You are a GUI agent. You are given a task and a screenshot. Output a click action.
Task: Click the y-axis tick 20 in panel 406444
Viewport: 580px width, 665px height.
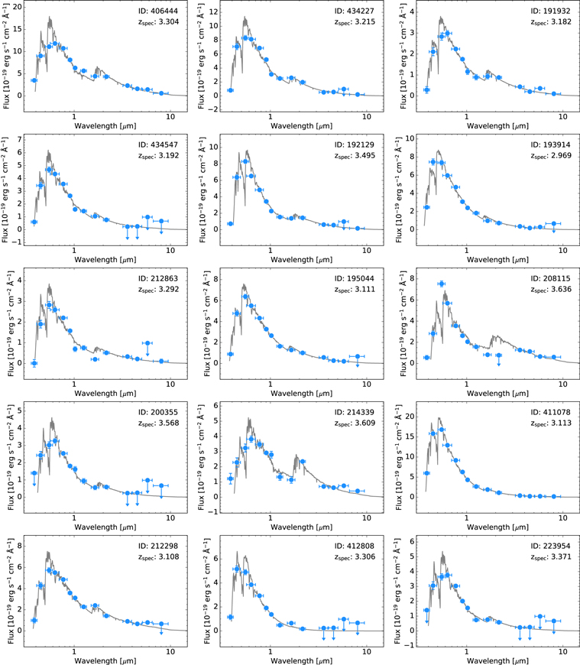[18, 6]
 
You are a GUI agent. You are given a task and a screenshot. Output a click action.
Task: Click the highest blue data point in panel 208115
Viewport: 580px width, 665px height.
[442, 284]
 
